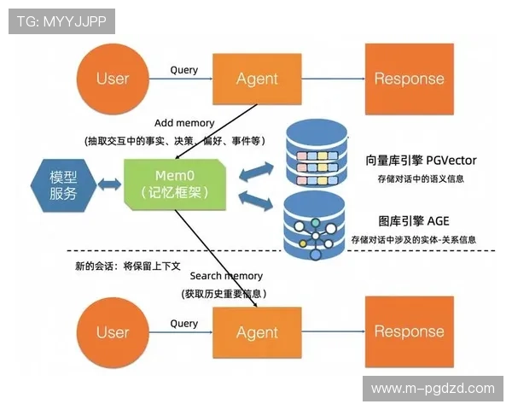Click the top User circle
[x=113, y=79]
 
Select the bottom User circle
[x=113, y=332]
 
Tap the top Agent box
[x=257, y=79]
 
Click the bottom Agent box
[x=257, y=332]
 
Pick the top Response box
[x=409, y=79]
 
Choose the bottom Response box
[x=409, y=332]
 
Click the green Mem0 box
[x=175, y=184]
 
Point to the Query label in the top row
[x=184, y=69]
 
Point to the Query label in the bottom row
[x=184, y=324]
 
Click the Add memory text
[x=184, y=124]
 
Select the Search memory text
[x=226, y=276]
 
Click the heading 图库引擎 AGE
[x=414, y=220]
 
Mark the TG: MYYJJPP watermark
[x=61, y=21]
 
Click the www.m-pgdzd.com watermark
[x=433, y=388]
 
